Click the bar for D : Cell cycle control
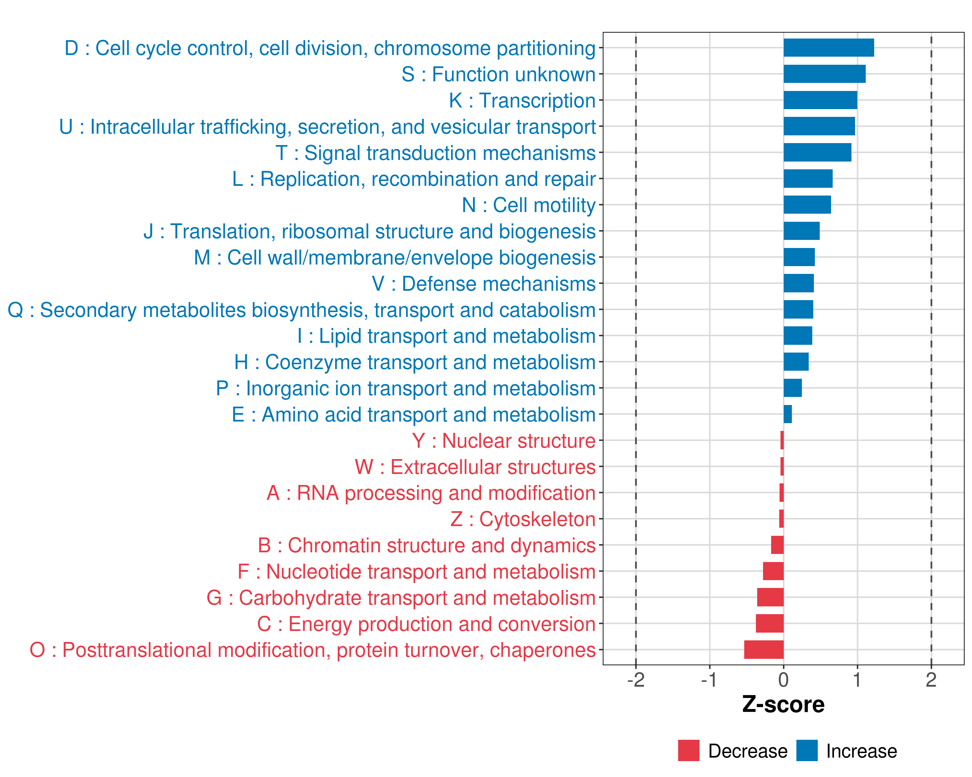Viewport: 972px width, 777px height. pyautogui.click(x=829, y=48)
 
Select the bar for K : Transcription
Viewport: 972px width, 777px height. pyautogui.click(x=820, y=100)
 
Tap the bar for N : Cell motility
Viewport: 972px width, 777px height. pyautogui.click(x=807, y=205)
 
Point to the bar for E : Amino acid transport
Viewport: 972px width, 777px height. pyautogui.click(x=788, y=414)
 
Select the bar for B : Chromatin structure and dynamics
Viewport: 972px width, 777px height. pyautogui.click(x=778, y=545)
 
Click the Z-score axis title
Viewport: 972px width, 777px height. pyautogui.click(x=783, y=704)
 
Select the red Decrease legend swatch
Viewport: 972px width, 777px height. pyautogui.click(x=689, y=750)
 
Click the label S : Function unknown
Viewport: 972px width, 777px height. pyautogui.click(x=499, y=74)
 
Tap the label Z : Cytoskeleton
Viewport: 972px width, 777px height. pyautogui.click(x=523, y=519)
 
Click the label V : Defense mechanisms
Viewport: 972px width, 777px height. pyautogui.click(x=484, y=284)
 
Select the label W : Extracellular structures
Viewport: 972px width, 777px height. pyautogui.click(x=475, y=467)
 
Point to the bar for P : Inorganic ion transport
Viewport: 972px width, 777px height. pyautogui.click(x=793, y=388)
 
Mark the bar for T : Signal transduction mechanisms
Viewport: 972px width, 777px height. pyautogui.click(x=817, y=152)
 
